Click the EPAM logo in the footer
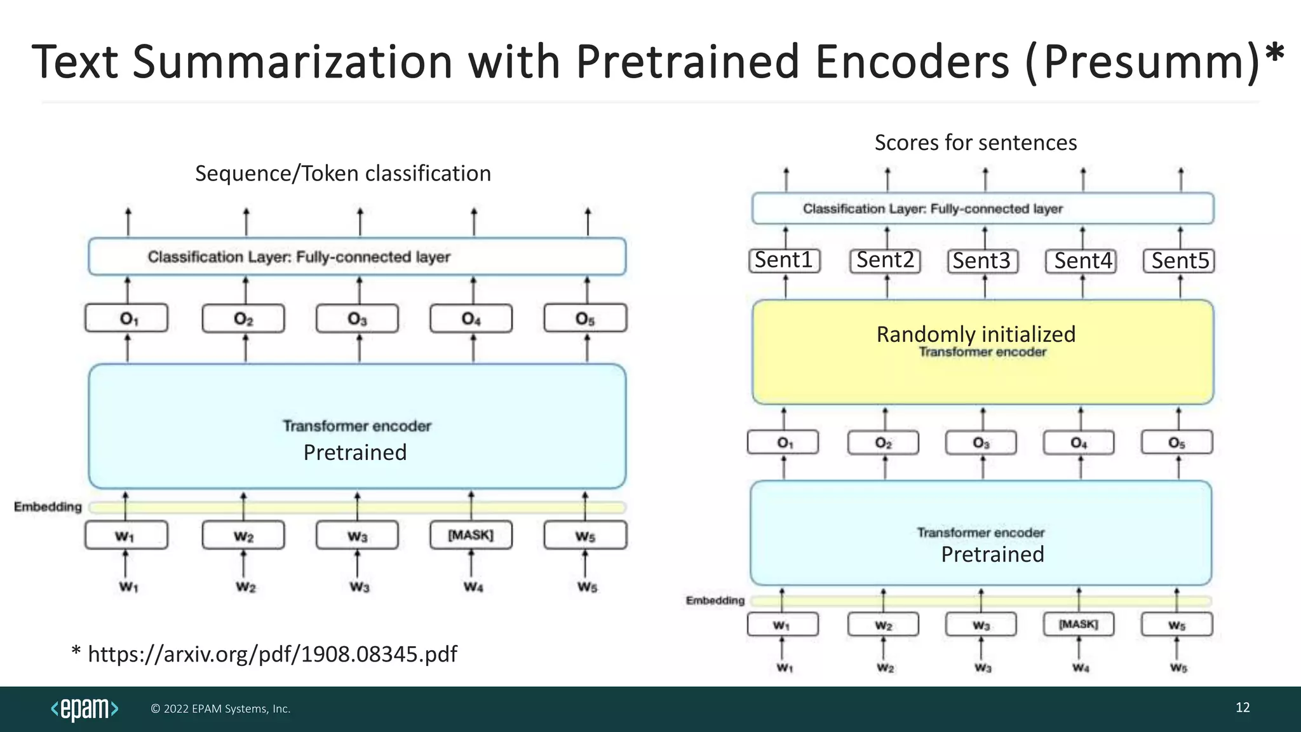pos(84,708)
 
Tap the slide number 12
pos(1243,707)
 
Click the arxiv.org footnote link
pos(272,654)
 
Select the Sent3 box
pos(982,261)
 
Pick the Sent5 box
pos(1180,261)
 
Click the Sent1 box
pos(784,261)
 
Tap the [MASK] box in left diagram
pos(471,535)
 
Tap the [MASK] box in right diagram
pos(1078,625)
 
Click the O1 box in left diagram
pos(127,318)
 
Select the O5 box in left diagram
pos(585,318)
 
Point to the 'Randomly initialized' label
pos(976,334)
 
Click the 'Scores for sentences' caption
pos(975,142)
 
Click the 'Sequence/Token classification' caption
pos(342,173)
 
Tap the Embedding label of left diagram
pos(48,507)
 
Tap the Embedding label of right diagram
pos(715,600)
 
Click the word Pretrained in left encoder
pos(354,452)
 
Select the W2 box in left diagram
pos(243,536)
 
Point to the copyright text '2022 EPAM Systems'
pos(220,708)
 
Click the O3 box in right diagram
pos(981,443)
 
